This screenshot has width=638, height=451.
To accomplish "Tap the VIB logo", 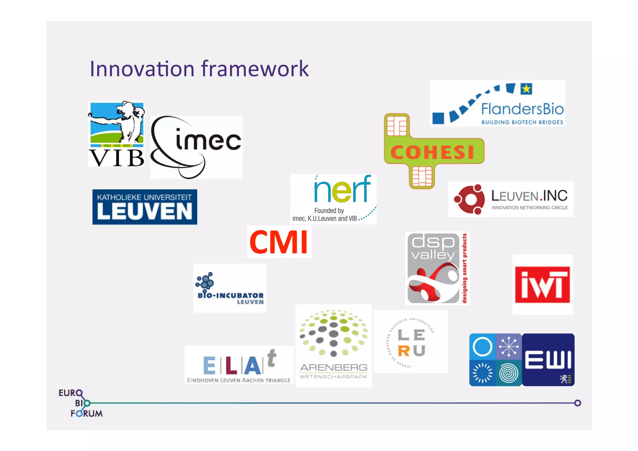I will click(116, 134).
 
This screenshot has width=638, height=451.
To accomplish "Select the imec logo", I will click(196, 147).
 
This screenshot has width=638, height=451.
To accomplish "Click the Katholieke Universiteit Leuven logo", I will click(145, 207).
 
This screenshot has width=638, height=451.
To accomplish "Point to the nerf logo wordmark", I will click(342, 190).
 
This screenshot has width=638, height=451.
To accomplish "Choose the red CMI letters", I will click(279, 242).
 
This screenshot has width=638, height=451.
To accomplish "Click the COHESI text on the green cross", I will click(432, 152).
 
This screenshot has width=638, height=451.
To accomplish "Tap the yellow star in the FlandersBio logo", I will click(526, 89).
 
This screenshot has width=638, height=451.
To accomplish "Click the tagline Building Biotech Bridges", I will click(522, 122).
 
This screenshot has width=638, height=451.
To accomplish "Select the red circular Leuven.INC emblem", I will click(469, 199).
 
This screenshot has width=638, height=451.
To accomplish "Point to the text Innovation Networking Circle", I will click(529, 208).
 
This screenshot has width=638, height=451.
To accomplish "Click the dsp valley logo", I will click(437, 268).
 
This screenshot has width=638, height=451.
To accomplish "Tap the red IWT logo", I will click(542, 285).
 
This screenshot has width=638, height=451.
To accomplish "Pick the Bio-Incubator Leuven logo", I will click(230, 288).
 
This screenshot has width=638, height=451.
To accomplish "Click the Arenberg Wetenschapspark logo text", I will click(333, 371).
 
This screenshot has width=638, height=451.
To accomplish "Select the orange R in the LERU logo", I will click(404, 351).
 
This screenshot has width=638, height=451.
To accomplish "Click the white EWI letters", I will click(548, 360).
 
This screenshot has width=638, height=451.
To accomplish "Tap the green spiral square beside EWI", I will click(508, 373).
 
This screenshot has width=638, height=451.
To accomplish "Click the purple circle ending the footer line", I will click(578, 403).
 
